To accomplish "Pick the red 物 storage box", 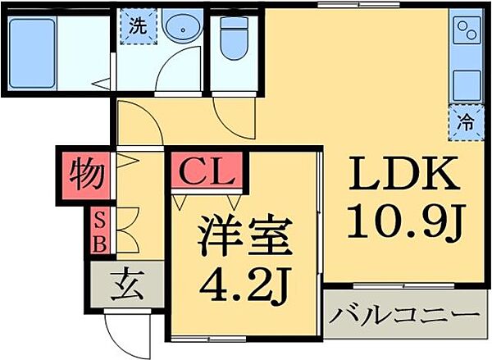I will [x=84, y=175].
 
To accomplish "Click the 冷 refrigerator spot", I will [x=464, y=122].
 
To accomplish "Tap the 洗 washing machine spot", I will [x=137, y=25].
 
